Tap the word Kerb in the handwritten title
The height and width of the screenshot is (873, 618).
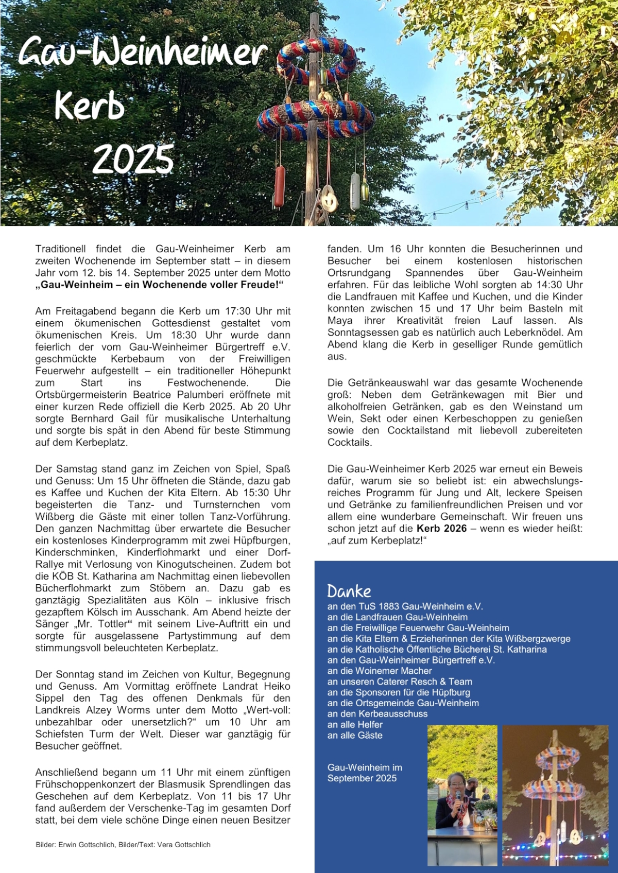(90, 105)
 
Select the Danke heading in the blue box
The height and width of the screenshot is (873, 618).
(349, 591)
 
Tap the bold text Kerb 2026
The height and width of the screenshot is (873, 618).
(441, 528)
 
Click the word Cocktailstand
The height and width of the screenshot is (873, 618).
(418, 430)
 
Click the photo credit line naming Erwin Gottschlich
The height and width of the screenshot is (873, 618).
(123, 845)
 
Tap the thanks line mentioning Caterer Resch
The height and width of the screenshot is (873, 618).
(400, 682)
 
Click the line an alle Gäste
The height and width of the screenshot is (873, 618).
(355, 736)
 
